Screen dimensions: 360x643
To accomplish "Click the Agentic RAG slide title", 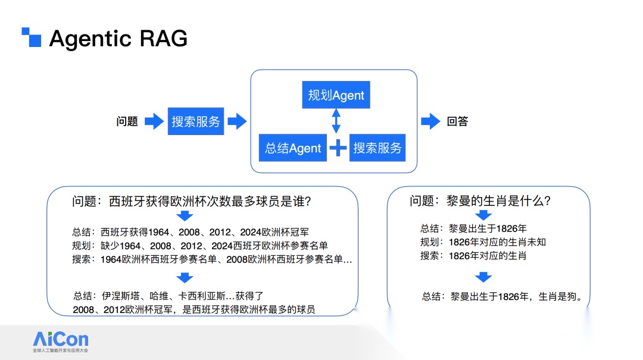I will point(118,39).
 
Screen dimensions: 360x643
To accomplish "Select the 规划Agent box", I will point(336,95).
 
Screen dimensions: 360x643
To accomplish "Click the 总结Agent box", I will point(293,148).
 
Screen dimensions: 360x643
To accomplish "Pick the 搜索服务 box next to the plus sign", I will point(377,148).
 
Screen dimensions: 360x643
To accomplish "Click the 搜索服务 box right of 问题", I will point(196,121).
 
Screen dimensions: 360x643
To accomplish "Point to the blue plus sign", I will point(338,148).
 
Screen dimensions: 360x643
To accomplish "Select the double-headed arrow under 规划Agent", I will point(336,121).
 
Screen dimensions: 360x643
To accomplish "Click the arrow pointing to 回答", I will point(430,121).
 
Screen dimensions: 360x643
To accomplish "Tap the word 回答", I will point(457,121).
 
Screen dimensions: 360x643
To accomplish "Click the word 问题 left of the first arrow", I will point(127,121).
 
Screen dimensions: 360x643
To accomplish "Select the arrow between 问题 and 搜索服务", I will point(154,121).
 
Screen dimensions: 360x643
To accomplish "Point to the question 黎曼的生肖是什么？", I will point(480,201).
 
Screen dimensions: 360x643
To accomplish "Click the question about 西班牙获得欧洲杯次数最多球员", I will point(192,202).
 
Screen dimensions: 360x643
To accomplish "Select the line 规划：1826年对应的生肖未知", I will point(483,242).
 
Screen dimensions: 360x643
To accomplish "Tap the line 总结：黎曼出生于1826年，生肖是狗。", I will point(502,296).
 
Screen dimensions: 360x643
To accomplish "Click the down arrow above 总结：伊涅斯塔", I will point(185,278).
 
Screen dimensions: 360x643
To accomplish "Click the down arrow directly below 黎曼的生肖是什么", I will point(483,215).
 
